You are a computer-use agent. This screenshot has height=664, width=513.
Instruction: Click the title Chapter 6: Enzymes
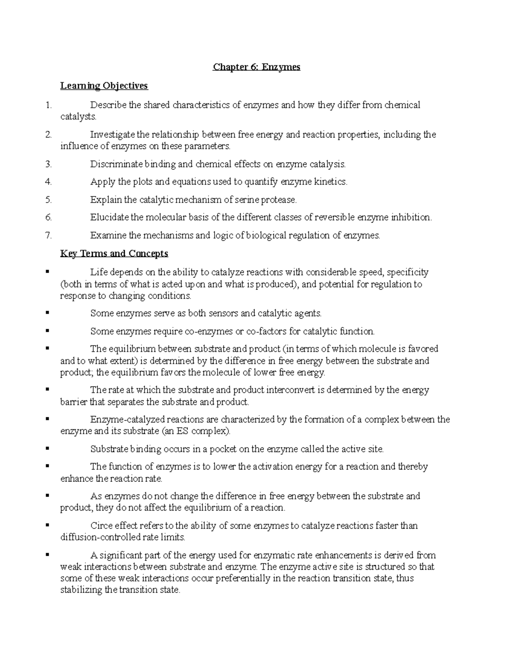[x=256, y=67]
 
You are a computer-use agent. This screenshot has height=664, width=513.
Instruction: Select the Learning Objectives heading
[x=104, y=86]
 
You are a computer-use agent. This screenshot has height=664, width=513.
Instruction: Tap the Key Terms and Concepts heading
[x=114, y=254]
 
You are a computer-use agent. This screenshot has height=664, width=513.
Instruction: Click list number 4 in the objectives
[x=48, y=182]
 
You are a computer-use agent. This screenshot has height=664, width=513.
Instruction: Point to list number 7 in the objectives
[x=48, y=235]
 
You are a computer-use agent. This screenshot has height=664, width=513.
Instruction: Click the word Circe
[x=101, y=525]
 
